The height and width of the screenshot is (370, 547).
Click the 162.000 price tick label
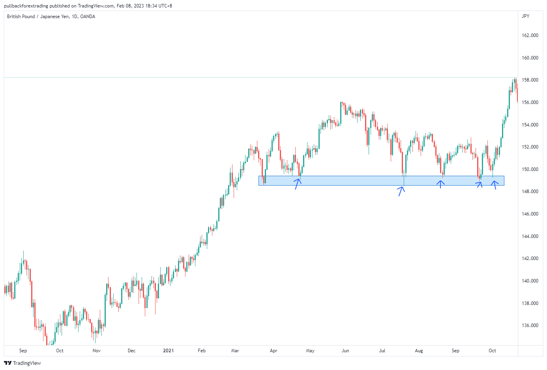pos(530,35)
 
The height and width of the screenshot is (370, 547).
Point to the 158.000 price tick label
pos(530,80)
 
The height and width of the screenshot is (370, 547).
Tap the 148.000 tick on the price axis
pos(530,192)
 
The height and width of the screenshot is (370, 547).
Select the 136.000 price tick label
pos(530,325)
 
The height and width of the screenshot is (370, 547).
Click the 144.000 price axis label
pos(530,236)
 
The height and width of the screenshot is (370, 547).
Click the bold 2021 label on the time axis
pos(168,351)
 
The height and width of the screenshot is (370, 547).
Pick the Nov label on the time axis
pos(96,351)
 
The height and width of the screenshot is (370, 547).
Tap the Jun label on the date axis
pos(345,351)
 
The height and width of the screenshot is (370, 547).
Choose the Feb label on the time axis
pos(202,351)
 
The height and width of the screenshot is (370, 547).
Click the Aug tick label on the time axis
pos(419,351)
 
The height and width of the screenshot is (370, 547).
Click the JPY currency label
pos(525,16)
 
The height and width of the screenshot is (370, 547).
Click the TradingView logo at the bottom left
pos(22,363)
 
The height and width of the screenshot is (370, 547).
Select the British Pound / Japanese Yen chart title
pos(51,17)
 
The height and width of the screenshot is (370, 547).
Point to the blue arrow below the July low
pos(401,191)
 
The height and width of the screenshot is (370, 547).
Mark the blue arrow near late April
pos(298,184)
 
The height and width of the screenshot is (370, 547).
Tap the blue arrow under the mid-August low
pos(440,184)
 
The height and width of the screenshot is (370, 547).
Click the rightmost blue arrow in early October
pos(494,184)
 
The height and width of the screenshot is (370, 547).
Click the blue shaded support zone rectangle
pos(355,181)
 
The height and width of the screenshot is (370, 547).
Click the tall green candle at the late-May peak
pos(341,113)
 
